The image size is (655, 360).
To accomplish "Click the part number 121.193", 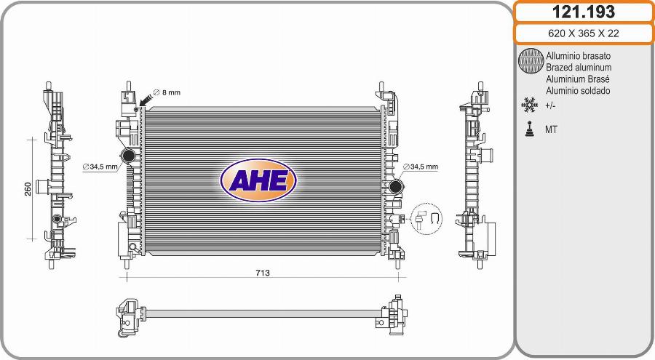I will tap(584, 12).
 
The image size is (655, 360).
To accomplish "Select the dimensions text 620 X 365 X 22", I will tap(584, 34).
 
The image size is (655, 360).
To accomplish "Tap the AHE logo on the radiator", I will tap(258, 179).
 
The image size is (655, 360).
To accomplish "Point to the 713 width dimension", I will tap(263, 273).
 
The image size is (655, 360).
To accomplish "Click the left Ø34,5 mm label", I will tap(100, 167).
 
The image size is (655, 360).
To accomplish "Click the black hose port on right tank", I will tap(396, 188).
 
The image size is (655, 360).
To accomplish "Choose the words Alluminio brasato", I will tap(578, 55).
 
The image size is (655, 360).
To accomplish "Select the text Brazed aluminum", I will tap(578, 67).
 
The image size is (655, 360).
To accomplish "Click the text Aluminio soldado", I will tap(578, 91).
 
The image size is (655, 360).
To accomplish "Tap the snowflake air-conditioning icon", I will tap(529, 106).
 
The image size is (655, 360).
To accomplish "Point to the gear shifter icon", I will tap(529, 129).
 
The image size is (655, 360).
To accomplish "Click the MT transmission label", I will tap(552, 130).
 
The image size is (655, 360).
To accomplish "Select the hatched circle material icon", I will tap(531, 62).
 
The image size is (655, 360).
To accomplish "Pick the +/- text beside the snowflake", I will tap(551, 106).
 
